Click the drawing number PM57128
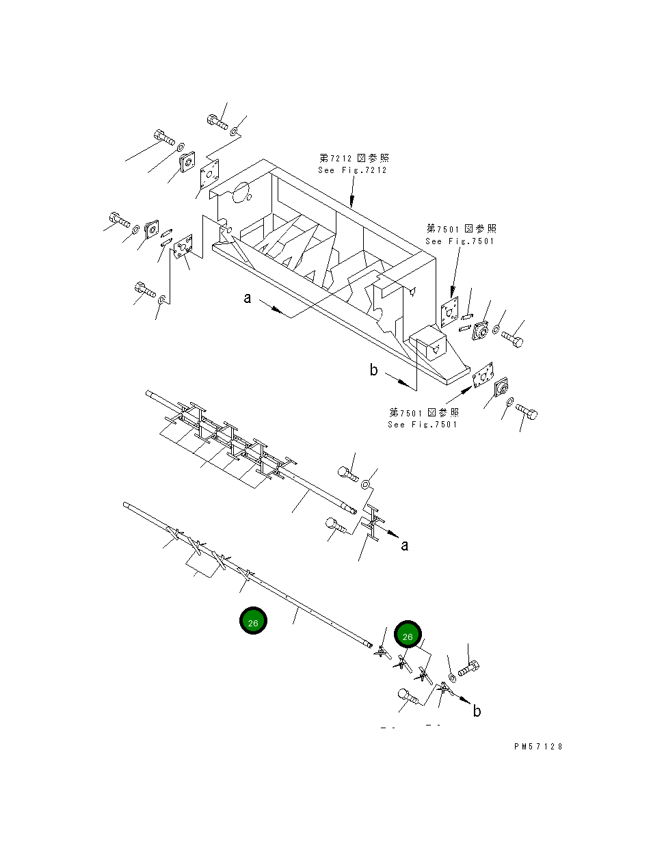(x=538, y=747)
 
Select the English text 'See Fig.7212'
(x=352, y=170)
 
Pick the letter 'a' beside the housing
(x=248, y=298)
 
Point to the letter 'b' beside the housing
(x=373, y=370)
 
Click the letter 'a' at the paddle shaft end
(x=405, y=545)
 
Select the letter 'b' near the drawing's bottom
(x=477, y=711)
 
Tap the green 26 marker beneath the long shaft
(x=253, y=622)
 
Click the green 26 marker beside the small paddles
(x=408, y=636)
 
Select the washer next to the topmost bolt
(x=234, y=130)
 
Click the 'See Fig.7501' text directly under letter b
(x=423, y=425)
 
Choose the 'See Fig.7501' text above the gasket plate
(x=460, y=241)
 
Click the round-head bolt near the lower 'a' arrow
(x=333, y=524)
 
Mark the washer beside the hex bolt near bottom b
(x=452, y=678)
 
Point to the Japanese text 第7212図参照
(x=354, y=158)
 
